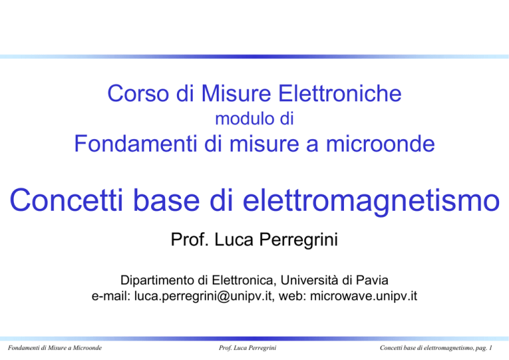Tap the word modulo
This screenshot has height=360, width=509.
pos(240,119)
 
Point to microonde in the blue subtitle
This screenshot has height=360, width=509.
pos(380,144)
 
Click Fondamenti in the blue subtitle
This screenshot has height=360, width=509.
pos(136,144)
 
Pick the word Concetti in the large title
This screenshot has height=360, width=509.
pos(66,200)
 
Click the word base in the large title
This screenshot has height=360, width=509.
pos(166,200)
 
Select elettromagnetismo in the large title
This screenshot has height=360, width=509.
pos(371,202)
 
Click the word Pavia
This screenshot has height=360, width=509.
pos(372,280)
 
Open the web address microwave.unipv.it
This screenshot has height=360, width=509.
pos(364,296)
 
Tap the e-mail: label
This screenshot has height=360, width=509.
pos(111,296)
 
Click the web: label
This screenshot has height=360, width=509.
pos(292,296)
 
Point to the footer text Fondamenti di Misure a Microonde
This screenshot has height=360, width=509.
pos(55,348)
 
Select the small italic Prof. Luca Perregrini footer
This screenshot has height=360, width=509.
pos(247,348)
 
